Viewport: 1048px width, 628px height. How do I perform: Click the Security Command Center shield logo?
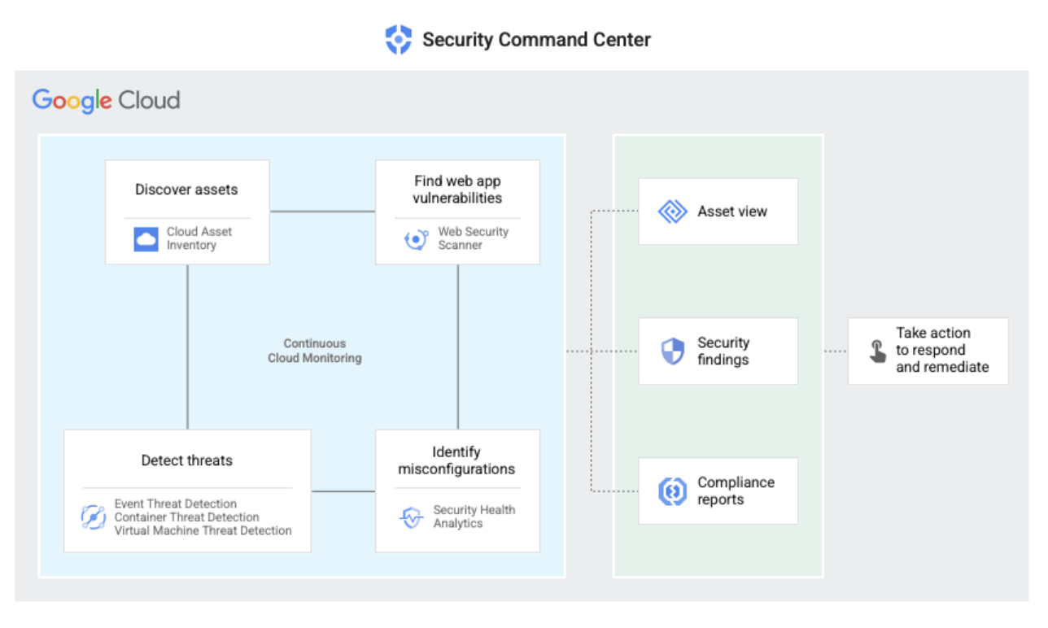coord(398,39)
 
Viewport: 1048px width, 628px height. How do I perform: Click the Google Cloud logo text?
coord(107,101)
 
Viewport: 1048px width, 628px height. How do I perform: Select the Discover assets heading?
coord(186,190)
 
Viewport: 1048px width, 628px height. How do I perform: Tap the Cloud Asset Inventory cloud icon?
coord(146,238)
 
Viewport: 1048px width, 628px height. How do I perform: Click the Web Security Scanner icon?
coord(416,239)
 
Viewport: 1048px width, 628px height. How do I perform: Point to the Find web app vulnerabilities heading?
coord(457,190)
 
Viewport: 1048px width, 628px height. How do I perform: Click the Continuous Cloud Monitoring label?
coord(315,351)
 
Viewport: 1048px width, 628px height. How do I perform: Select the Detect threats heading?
coord(186,460)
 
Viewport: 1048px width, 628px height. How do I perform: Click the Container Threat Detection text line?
coord(186,517)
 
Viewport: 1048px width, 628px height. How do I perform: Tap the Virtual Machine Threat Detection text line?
coord(203,530)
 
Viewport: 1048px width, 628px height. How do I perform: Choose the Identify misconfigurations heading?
coord(456,460)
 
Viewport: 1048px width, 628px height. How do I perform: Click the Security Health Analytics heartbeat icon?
coord(413,517)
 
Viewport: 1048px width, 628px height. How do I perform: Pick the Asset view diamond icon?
coord(673,212)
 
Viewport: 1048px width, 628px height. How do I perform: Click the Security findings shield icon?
coord(673,351)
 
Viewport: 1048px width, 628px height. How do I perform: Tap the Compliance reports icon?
coord(673,491)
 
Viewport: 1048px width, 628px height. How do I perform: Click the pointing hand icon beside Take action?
coord(877,351)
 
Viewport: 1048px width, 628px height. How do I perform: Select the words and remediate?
coord(942,367)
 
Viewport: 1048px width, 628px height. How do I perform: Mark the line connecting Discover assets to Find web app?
coord(322,212)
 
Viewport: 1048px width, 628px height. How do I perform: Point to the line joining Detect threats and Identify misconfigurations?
coord(343,491)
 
